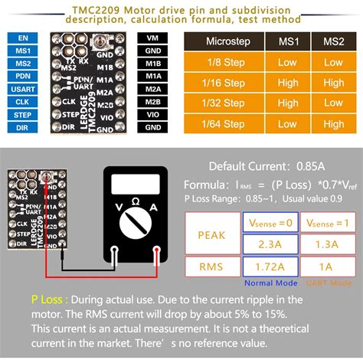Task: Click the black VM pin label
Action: point(152,36)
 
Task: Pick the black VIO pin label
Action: point(152,115)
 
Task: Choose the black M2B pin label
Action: point(152,102)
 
